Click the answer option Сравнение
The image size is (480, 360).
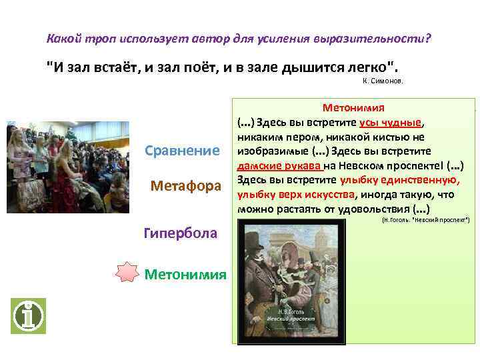point(182,151)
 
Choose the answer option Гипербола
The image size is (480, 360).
point(180,233)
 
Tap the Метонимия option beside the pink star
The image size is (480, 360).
point(185,274)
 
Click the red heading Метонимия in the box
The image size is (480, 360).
point(357,107)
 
